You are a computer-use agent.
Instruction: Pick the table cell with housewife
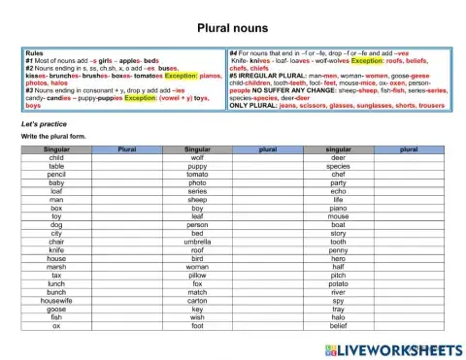(x=56, y=300)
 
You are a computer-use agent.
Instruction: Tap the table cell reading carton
(x=197, y=300)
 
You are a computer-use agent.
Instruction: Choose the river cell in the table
(x=338, y=291)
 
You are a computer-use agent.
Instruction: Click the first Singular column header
(x=56, y=149)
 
